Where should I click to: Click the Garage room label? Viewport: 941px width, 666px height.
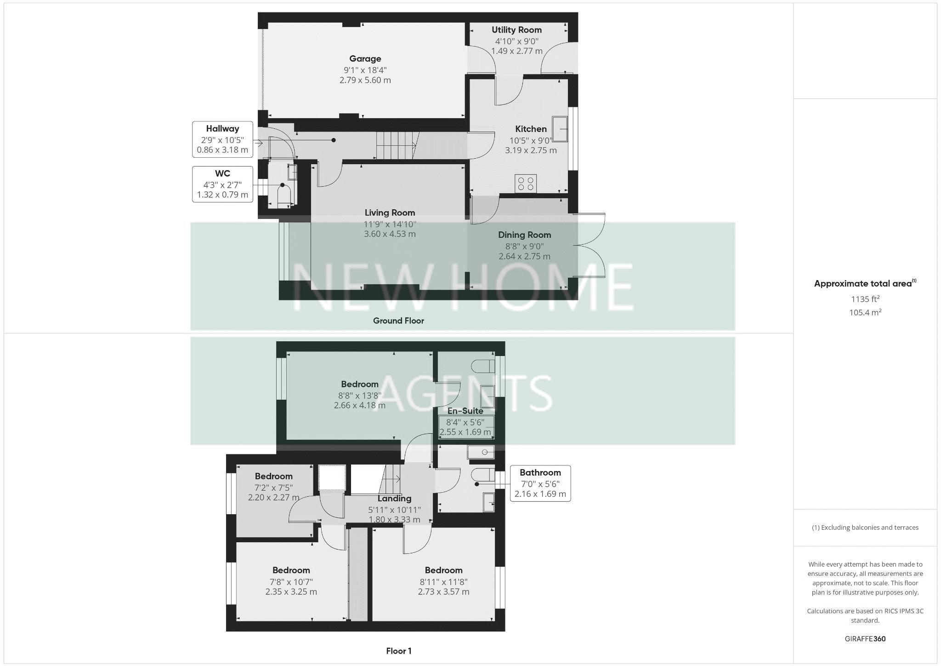(x=365, y=59)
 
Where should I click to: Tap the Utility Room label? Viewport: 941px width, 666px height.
(x=516, y=30)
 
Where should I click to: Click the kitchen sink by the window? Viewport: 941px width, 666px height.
(x=560, y=129)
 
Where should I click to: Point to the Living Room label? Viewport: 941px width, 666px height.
(x=390, y=213)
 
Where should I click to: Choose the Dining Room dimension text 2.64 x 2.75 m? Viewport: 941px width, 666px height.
(x=524, y=256)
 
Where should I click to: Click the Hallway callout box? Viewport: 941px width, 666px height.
(x=222, y=139)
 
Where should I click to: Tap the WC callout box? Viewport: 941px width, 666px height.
(x=222, y=184)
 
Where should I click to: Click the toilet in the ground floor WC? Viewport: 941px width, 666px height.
(x=284, y=195)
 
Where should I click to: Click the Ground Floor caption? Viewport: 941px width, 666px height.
(x=398, y=321)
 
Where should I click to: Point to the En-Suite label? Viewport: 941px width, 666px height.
(x=465, y=411)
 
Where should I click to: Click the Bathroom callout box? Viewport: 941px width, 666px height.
(x=540, y=483)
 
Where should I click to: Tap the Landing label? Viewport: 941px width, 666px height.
(x=394, y=499)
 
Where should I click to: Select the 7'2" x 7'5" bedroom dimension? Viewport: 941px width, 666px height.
(x=273, y=488)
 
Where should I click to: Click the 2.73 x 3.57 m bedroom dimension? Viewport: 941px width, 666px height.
(x=443, y=592)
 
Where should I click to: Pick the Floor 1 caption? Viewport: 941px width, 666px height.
(x=398, y=651)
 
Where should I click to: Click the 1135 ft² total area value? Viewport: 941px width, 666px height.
(x=865, y=299)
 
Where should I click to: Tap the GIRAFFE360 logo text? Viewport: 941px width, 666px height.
(x=865, y=639)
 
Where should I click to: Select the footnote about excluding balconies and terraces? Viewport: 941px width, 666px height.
(x=865, y=528)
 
